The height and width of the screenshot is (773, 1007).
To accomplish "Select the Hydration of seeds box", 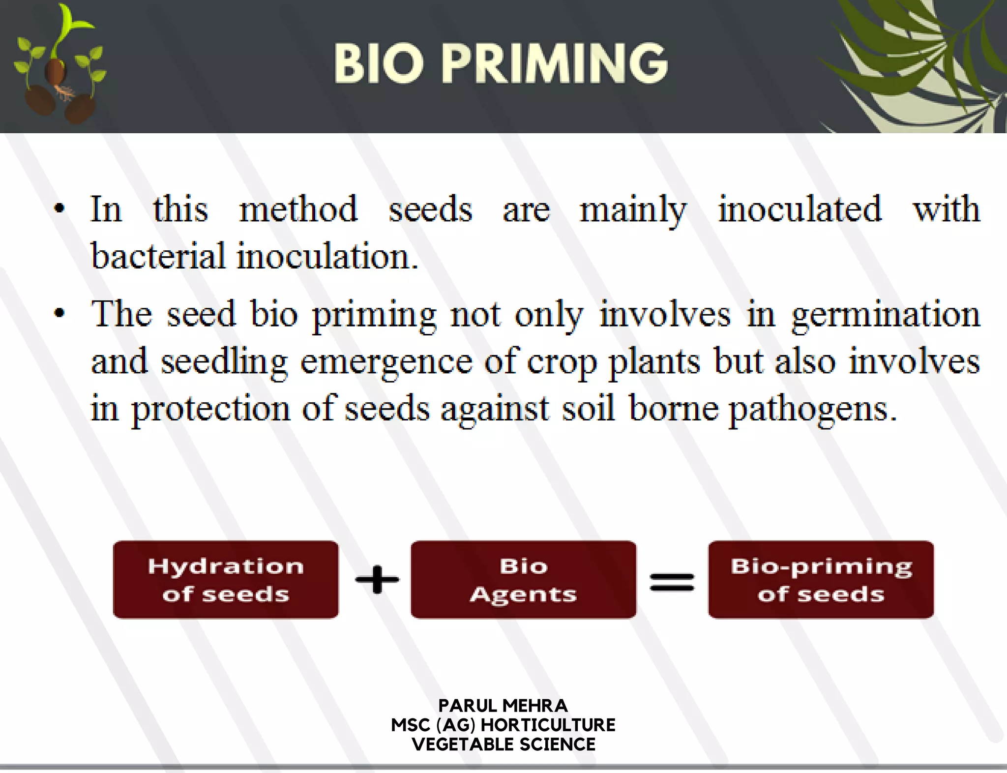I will point(226,579).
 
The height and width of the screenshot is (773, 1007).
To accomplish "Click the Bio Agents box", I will point(523,579).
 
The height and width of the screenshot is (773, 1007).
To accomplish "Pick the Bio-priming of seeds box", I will point(821,579).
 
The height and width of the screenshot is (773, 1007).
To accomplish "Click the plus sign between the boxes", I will point(377,579).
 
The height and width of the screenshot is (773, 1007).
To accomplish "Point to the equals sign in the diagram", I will point(672,582).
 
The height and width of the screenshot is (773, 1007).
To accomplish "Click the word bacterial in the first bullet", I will point(158,256).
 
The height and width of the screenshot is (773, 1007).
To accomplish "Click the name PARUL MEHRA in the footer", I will point(503,706).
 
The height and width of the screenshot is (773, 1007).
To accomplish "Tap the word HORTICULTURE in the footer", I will point(548,725).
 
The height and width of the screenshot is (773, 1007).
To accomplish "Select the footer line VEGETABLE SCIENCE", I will point(503,744).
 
